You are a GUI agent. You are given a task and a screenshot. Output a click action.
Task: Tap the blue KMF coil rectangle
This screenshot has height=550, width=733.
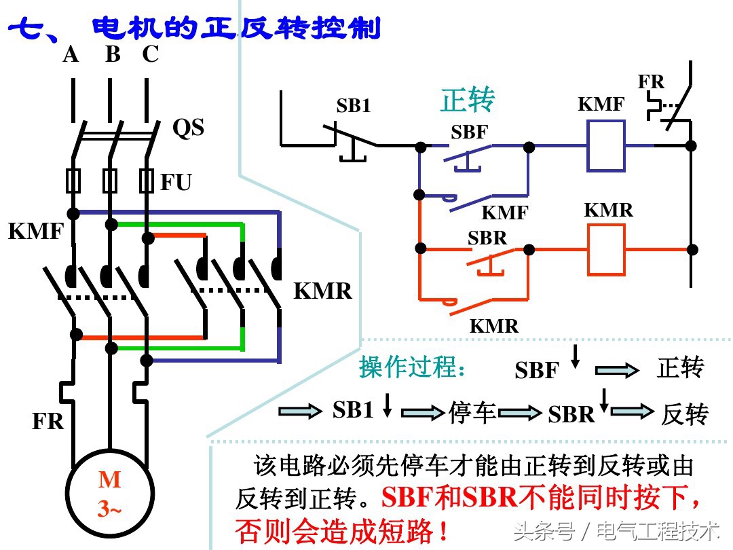606,146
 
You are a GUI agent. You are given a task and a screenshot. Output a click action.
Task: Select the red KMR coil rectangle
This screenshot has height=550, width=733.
605,249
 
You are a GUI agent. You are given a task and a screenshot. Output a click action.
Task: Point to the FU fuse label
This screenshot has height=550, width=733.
176,182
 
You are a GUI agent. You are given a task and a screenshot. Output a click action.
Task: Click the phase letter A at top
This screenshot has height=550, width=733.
71,54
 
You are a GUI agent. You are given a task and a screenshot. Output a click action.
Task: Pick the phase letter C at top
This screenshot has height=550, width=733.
150,54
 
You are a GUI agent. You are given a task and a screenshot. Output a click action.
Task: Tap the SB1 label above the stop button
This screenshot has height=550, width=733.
354,106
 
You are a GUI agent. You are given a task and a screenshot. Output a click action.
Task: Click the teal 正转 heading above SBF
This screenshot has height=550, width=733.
468,100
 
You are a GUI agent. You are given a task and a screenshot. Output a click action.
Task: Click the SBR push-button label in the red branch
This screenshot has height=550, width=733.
487,238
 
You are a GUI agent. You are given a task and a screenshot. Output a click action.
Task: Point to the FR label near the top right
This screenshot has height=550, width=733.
651,82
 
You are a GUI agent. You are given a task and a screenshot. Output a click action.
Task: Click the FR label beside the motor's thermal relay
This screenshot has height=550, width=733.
48,421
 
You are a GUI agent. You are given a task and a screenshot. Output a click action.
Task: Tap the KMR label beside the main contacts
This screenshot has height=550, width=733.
323,291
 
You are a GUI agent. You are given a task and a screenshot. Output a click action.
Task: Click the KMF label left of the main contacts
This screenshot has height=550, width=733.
35,232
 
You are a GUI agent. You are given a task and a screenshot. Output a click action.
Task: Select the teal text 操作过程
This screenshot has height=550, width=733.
413,367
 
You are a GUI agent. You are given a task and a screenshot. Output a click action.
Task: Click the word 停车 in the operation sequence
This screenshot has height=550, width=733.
472,412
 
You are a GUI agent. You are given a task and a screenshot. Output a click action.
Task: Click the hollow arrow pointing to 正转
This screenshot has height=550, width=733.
617,370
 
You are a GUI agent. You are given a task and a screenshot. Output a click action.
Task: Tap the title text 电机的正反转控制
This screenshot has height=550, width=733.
236,29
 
